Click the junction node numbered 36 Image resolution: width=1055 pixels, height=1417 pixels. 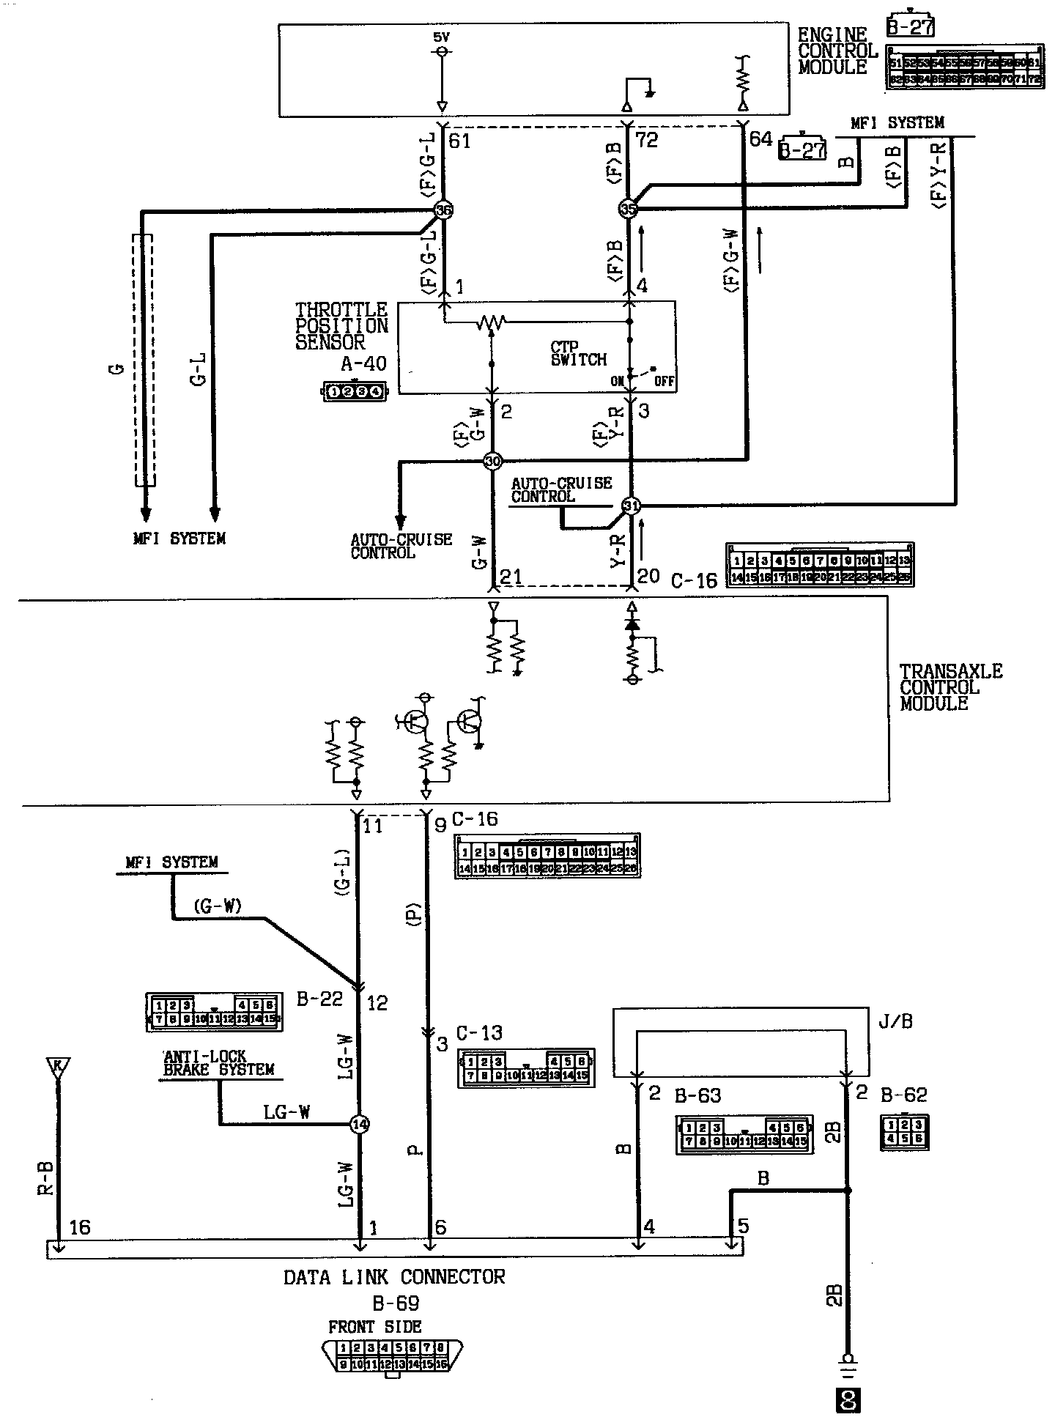(443, 210)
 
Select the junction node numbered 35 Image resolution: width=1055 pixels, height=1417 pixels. (628, 209)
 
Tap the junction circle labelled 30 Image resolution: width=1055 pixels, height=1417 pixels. (492, 461)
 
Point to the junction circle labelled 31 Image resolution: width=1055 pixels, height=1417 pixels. (630, 506)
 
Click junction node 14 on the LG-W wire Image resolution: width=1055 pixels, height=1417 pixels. (359, 1124)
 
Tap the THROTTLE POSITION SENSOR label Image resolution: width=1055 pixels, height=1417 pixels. (341, 325)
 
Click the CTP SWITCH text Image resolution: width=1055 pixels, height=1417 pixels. (579, 353)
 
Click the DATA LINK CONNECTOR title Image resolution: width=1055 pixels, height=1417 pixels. (394, 1277)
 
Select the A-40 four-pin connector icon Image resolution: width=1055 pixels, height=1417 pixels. (355, 392)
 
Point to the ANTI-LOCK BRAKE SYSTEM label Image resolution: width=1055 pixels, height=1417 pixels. (218, 1063)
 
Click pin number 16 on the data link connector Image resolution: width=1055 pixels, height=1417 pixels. (79, 1227)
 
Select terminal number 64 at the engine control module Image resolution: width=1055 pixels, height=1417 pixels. (761, 138)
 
